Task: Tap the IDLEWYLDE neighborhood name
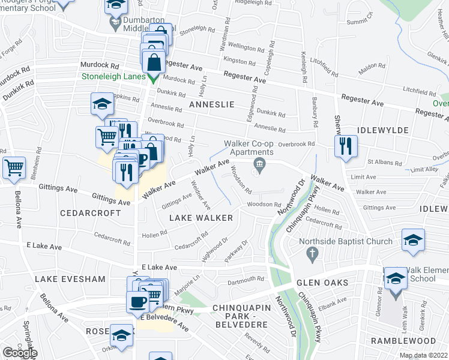[x=383, y=130]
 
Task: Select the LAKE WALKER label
[x=200, y=218]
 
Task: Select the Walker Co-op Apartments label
[x=258, y=148]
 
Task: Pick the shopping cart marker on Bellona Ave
[x=14, y=167]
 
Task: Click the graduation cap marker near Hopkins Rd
[x=102, y=104]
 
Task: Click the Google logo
[x=20, y=353]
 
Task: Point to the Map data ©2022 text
[x=423, y=355]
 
